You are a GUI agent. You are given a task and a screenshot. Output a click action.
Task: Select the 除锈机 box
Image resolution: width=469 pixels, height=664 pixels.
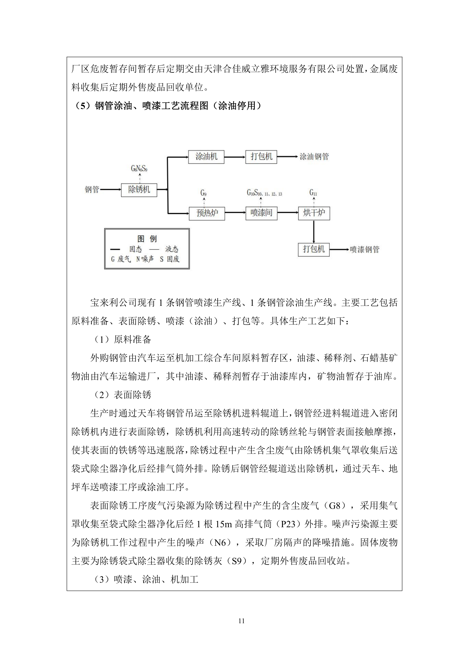(x=139, y=190)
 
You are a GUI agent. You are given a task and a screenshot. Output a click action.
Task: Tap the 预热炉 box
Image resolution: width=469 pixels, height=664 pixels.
(x=207, y=213)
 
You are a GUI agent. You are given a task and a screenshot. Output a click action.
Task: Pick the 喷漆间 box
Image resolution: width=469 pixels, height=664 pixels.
(x=261, y=213)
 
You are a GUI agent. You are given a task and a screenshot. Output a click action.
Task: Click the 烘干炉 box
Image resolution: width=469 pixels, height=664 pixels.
(x=314, y=213)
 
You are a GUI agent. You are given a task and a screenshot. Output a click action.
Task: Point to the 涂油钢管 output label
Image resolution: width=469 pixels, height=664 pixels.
(x=314, y=157)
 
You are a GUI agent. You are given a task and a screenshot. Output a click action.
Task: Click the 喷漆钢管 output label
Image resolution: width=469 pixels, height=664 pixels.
(x=364, y=249)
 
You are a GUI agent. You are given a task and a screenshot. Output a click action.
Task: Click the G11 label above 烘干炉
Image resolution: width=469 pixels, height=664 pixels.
(x=313, y=193)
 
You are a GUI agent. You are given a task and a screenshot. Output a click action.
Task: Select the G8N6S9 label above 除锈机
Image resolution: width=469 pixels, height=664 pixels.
(x=139, y=169)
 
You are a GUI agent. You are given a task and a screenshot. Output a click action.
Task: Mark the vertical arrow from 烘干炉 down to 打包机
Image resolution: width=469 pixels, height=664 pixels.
(x=314, y=232)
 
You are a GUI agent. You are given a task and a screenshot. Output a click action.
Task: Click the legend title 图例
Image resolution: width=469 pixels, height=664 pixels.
(x=147, y=239)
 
